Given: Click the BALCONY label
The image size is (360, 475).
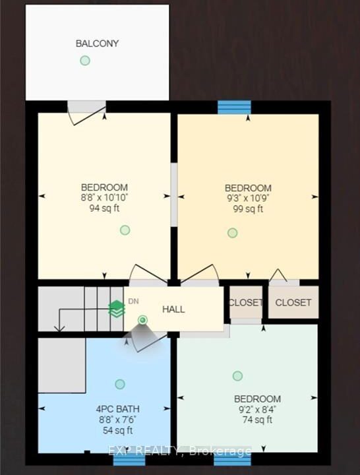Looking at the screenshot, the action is (97, 44).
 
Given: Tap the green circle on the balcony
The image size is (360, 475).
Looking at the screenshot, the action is (85, 61).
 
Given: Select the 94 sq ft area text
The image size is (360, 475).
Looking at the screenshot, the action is (104, 208).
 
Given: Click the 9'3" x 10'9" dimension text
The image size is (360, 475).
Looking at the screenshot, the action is (248, 198).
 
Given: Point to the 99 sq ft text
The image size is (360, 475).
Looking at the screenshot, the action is (248, 208).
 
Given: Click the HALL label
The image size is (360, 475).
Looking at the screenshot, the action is (173, 309).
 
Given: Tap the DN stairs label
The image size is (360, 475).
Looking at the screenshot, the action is (134, 301).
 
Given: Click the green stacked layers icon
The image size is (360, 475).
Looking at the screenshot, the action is (117, 309).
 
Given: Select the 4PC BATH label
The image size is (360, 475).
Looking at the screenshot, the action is (118, 409).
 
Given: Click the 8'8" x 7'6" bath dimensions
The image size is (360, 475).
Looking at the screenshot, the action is (118, 420).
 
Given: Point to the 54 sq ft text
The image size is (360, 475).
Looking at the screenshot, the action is (118, 430).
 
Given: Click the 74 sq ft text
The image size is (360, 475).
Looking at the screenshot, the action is (257, 420).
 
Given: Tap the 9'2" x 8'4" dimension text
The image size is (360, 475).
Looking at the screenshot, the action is (257, 409).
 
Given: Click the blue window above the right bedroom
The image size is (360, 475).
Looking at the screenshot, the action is (234, 108).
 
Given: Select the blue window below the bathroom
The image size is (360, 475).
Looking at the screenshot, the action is (129, 459).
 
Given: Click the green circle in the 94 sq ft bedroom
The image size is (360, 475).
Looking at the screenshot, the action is (125, 230).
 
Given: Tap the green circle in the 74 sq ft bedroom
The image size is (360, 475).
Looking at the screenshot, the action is (237, 376).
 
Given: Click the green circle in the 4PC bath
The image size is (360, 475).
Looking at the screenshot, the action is (120, 384).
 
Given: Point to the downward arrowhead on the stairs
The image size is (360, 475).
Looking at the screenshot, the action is (59, 329).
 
